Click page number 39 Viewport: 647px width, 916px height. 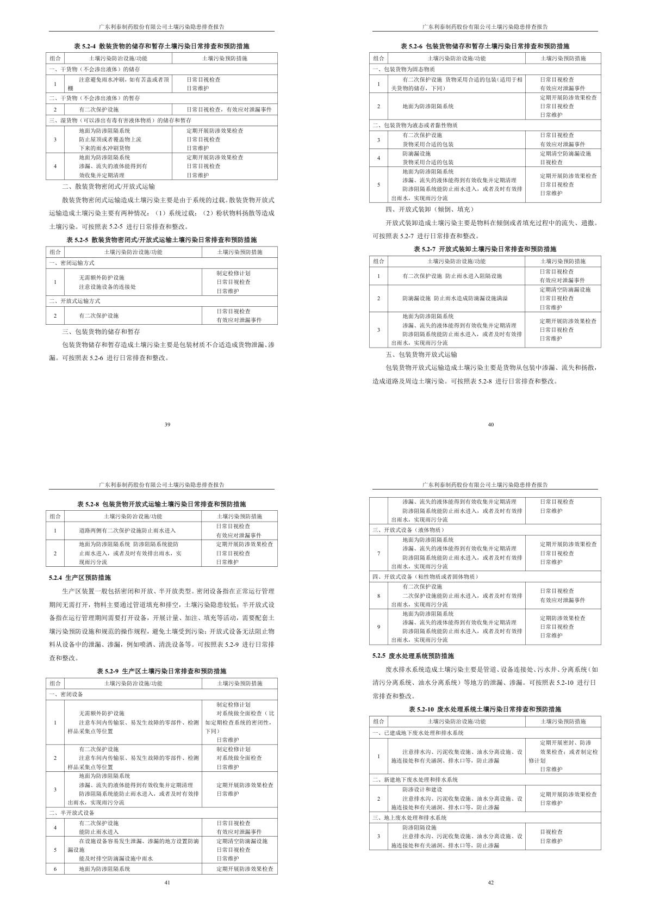pos(167,424)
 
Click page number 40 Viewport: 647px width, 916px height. pos(490,424)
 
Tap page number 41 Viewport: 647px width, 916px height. pos(167,882)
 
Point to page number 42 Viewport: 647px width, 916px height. pos(490,882)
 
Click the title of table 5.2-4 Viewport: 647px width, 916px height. pos(161,46)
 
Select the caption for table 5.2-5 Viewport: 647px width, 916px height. pos(161,239)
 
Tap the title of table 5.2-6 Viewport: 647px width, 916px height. pos(485,46)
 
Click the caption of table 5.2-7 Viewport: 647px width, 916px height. pos(485,249)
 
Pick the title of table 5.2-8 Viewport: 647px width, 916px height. pos(161,504)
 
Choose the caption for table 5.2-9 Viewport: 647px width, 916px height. pos(161,671)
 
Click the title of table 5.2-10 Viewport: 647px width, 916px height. pos(485,709)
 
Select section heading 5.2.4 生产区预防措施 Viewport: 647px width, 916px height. pos(80,578)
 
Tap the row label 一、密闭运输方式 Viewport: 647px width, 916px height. pos(71,263)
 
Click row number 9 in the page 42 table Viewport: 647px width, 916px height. pos(378,627)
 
